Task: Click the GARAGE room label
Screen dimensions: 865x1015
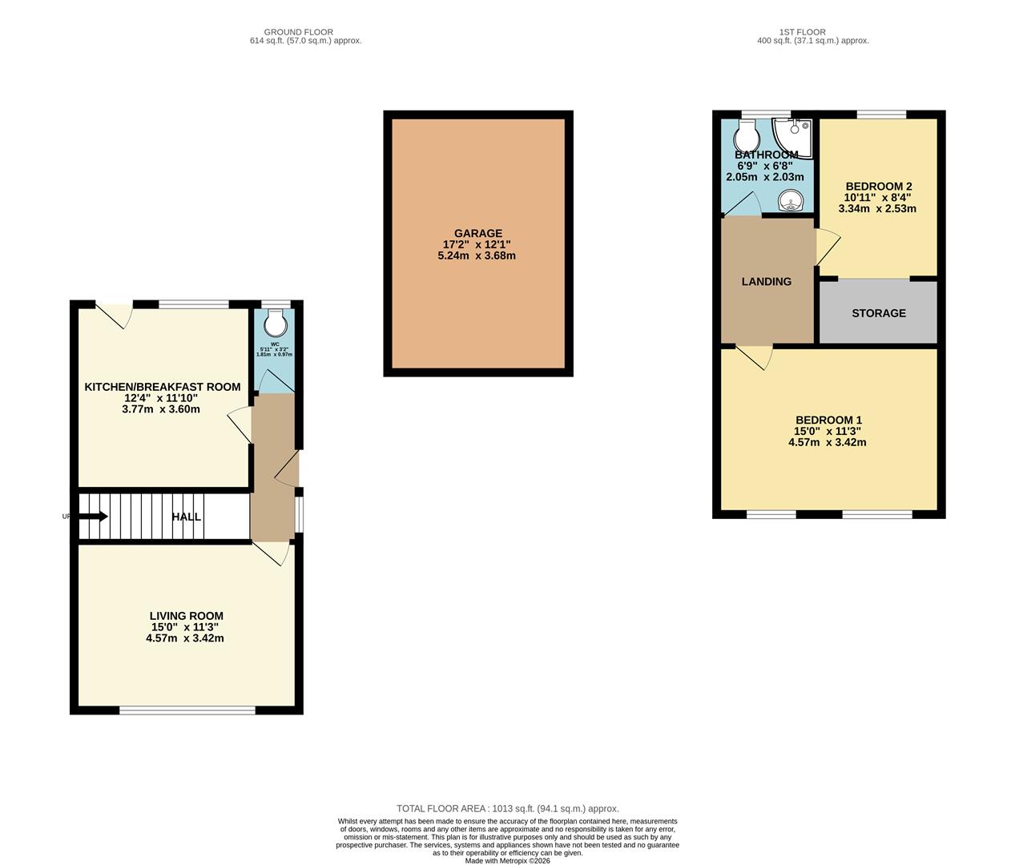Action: point(478,234)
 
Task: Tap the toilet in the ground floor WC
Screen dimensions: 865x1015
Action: point(275,323)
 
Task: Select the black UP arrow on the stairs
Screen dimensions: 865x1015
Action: point(93,517)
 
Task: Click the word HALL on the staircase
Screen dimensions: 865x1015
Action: point(187,517)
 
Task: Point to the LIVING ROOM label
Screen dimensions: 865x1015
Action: point(186,616)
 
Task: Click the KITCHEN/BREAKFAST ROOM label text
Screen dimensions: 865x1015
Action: point(163,387)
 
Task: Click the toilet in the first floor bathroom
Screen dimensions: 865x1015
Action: point(747,134)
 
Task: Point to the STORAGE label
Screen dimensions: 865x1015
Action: point(879,313)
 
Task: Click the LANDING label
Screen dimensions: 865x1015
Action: point(767,282)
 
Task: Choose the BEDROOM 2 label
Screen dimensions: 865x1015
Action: point(878,186)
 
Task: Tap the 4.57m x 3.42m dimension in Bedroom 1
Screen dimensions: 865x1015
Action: point(828,442)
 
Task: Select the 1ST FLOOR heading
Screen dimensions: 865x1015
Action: point(812,32)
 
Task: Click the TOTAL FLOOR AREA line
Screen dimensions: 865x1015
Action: point(508,809)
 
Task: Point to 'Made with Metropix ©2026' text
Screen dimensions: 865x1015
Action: point(508,861)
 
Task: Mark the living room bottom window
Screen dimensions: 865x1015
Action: point(187,710)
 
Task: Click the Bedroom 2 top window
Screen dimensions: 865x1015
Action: point(881,115)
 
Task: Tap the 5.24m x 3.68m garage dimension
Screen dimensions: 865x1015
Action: point(478,256)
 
